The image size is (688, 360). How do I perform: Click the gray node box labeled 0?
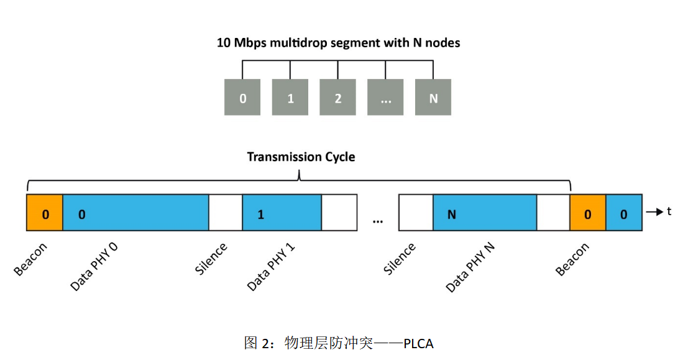tap(242, 98)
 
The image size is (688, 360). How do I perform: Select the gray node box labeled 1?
tap(290, 98)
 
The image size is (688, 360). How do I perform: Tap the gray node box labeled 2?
tap(338, 98)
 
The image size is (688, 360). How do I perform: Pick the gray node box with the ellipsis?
tap(385, 98)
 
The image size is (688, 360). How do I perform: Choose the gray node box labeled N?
tap(433, 98)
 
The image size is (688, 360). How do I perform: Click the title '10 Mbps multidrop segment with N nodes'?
tap(338, 43)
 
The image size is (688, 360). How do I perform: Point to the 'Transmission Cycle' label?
tap(301, 157)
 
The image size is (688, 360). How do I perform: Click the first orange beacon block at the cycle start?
tap(45, 213)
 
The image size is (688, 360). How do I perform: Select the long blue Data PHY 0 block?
tap(135, 213)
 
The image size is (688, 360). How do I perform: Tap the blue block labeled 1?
tap(282, 213)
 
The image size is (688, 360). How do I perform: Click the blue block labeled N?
tap(484, 213)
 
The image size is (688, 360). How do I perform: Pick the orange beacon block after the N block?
tap(588, 213)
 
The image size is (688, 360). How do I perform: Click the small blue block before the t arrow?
tap(624, 213)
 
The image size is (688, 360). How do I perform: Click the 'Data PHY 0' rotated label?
tap(94, 267)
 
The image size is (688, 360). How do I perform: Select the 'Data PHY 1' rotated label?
tap(271, 267)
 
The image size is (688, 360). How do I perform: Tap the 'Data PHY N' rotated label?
tap(470, 267)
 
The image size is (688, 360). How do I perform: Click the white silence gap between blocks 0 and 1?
tap(225, 213)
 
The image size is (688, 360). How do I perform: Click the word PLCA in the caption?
tap(418, 343)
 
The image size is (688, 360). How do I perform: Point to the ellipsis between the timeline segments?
tap(378, 220)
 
